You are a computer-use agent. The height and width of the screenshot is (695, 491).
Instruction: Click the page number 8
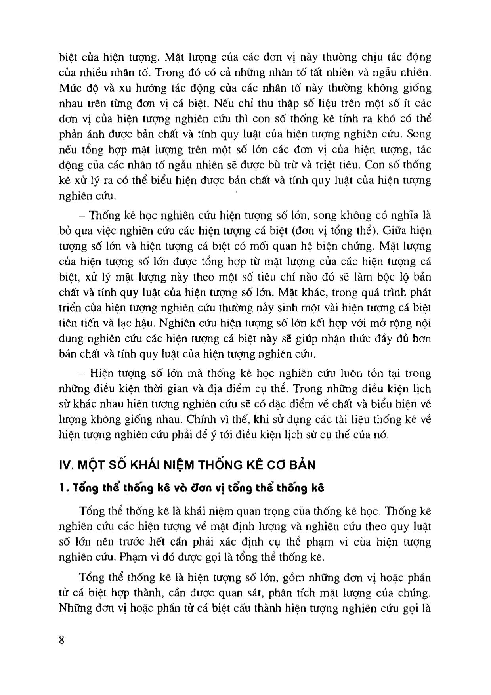(61, 640)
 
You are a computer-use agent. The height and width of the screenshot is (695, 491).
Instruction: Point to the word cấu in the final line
(241, 608)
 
